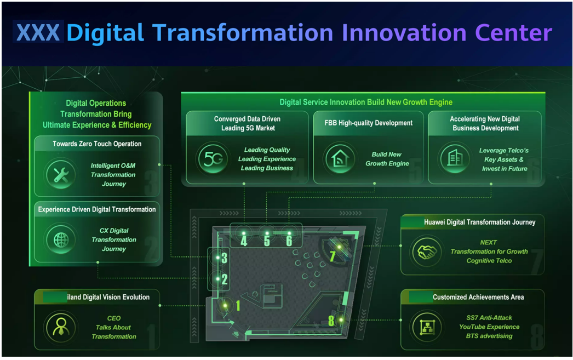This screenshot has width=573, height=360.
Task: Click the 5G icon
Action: coord(213,159)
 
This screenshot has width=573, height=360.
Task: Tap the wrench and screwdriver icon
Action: coord(61,174)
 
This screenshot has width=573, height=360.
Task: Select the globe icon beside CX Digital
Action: coord(61,240)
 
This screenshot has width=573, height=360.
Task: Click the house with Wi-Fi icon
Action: coord(340,158)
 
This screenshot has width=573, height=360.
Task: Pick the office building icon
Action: coord(455,158)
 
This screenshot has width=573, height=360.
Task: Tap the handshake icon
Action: coord(427,252)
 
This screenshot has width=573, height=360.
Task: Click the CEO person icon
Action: coord(61,328)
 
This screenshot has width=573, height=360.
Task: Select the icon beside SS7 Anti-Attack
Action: coord(427,327)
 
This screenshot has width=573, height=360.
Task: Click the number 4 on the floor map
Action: coord(244,241)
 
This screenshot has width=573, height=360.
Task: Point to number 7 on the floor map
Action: coord(332,256)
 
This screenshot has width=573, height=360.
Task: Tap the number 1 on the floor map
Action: coord(238,306)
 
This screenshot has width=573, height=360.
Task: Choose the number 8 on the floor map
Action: coord(331,321)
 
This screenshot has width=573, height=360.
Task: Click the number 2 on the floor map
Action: coord(225,279)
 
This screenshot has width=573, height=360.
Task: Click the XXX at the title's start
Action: coord(38,32)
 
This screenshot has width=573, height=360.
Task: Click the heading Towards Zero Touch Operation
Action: coord(97,144)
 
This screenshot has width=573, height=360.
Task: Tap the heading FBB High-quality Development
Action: coord(368,123)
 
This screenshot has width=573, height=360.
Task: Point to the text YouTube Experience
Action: coord(489,327)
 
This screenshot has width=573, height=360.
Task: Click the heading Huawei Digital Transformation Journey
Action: coord(479,222)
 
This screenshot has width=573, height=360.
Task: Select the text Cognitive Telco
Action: coord(489,261)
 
